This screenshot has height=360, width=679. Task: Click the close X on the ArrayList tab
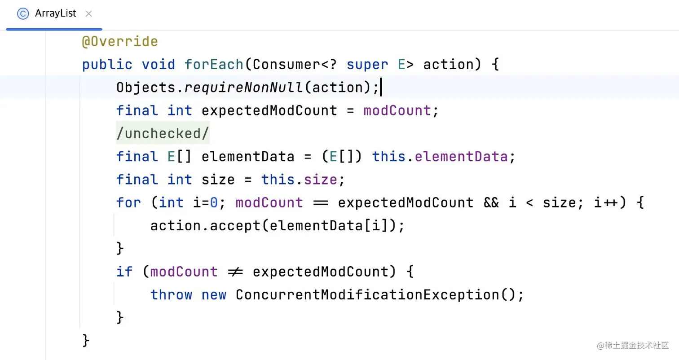click(88, 14)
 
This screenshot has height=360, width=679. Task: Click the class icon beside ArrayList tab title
click(23, 14)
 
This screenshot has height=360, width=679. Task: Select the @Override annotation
click(119, 42)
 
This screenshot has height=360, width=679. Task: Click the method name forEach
click(214, 65)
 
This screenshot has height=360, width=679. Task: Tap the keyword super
click(367, 65)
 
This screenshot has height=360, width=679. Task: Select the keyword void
click(158, 65)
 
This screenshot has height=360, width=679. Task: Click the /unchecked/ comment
click(163, 134)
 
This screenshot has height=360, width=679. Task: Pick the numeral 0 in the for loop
click(214, 203)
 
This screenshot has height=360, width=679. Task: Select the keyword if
click(124, 272)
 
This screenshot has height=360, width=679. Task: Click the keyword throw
click(171, 295)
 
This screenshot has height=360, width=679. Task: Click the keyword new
click(214, 295)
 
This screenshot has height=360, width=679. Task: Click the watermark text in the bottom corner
click(633, 346)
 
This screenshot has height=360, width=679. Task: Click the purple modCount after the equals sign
click(397, 111)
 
